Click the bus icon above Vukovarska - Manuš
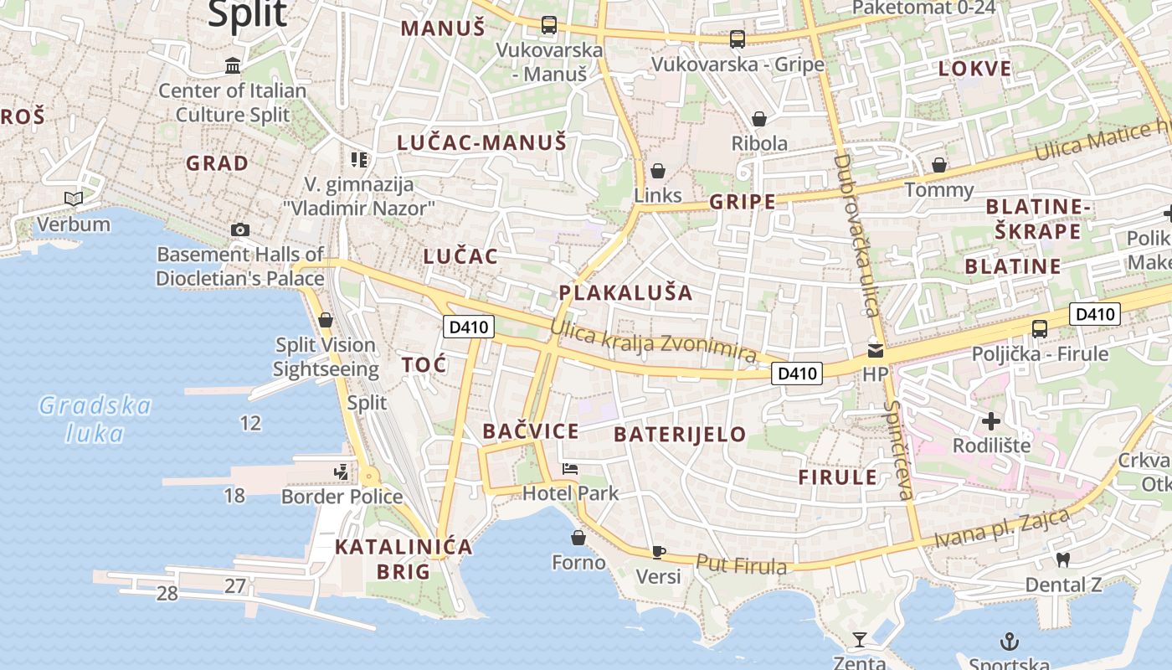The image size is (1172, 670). (x=549, y=25)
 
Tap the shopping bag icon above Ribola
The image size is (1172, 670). (x=759, y=119)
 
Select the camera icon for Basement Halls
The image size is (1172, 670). (x=240, y=229)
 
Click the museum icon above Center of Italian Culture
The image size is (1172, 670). (x=233, y=65)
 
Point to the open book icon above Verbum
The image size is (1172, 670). (x=74, y=199)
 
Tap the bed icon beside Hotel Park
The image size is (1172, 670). (x=570, y=469)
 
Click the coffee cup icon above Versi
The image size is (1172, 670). (x=659, y=552)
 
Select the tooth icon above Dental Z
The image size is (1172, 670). (x=1063, y=559)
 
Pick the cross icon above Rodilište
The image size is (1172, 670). (x=991, y=420)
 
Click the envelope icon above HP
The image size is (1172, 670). (x=875, y=351)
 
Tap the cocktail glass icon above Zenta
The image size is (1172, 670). (x=860, y=641)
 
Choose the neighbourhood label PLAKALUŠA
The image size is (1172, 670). (x=626, y=293)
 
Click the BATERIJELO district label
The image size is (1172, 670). (x=680, y=434)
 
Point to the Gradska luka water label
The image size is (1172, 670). (x=95, y=420)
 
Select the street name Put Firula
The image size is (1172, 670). (x=742, y=565)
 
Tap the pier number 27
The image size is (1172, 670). (x=234, y=585)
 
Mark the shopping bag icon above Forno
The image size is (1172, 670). (x=578, y=537)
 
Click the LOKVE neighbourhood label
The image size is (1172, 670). (x=974, y=69)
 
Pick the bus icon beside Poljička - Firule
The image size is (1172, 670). (x=1040, y=329)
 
